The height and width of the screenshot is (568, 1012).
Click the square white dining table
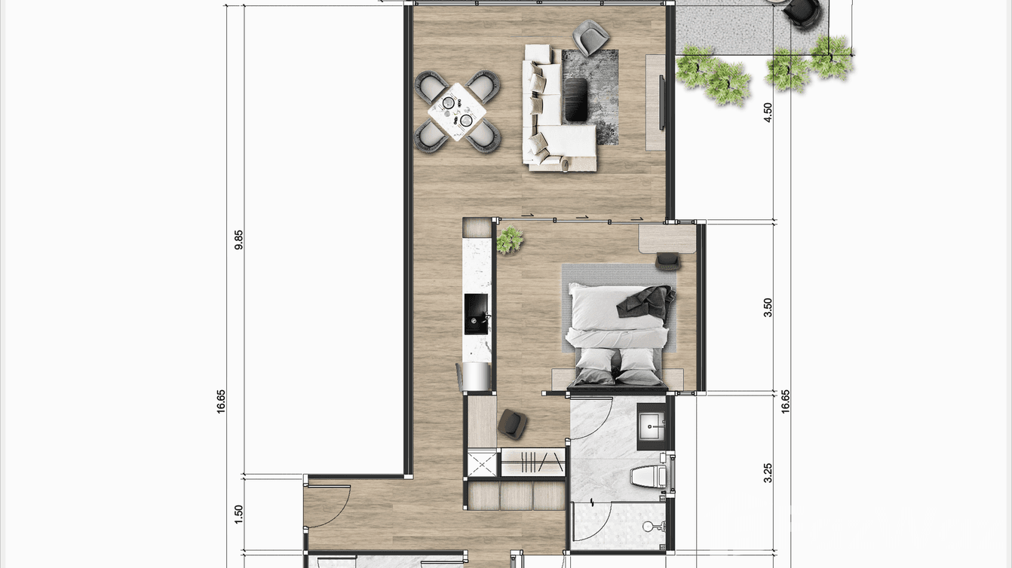tap(458, 109)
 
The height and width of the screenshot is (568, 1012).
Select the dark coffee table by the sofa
tap(577, 99)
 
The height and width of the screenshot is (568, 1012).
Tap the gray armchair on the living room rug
tap(590, 35)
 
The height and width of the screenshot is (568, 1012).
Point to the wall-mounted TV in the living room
tap(662, 102)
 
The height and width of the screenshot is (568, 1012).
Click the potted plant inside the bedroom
tap(510, 240)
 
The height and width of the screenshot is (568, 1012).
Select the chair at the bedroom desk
tap(668, 261)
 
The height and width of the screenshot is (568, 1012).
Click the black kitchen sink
tap(476, 313)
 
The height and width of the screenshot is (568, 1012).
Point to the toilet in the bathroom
tap(650, 476)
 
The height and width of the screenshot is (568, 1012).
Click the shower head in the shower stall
tap(648, 525)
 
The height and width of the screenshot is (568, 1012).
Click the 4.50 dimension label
tap(768, 112)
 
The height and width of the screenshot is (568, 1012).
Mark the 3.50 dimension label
tap(768, 307)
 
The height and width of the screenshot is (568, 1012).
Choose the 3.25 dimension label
tap(768, 472)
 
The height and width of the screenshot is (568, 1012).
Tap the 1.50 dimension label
tap(239, 514)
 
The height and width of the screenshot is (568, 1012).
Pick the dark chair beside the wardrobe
tap(513, 423)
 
